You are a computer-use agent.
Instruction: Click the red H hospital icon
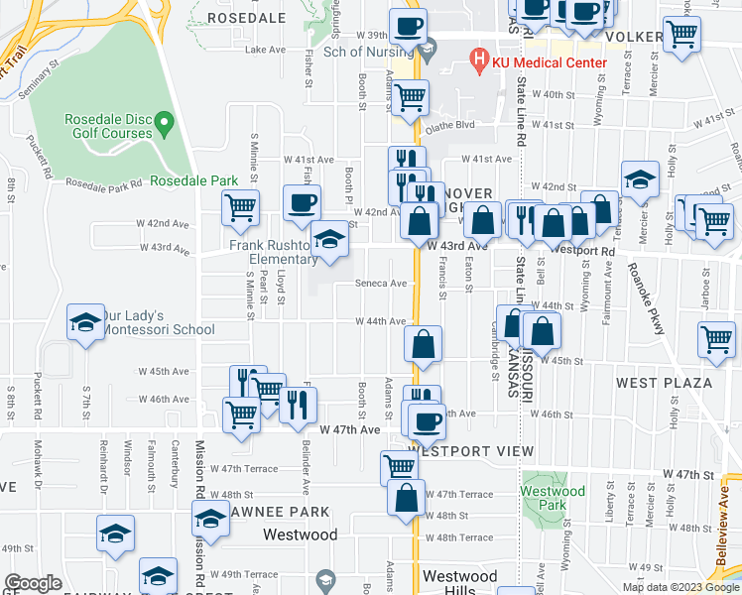click(x=480, y=61)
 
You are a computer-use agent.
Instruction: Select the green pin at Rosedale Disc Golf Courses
click(x=166, y=125)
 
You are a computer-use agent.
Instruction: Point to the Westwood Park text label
click(x=553, y=491)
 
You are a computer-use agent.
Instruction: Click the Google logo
click(x=33, y=583)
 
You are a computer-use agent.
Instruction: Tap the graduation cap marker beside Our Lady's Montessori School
click(x=85, y=322)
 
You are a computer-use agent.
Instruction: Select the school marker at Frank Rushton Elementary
click(x=329, y=239)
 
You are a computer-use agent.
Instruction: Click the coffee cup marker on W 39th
click(x=408, y=26)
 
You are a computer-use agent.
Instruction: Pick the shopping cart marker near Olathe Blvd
click(x=409, y=97)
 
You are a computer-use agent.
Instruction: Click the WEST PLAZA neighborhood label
click(x=664, y=383)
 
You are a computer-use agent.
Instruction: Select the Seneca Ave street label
click(x=382, y=283)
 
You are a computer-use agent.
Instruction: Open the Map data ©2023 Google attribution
click(x=680, y=586)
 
